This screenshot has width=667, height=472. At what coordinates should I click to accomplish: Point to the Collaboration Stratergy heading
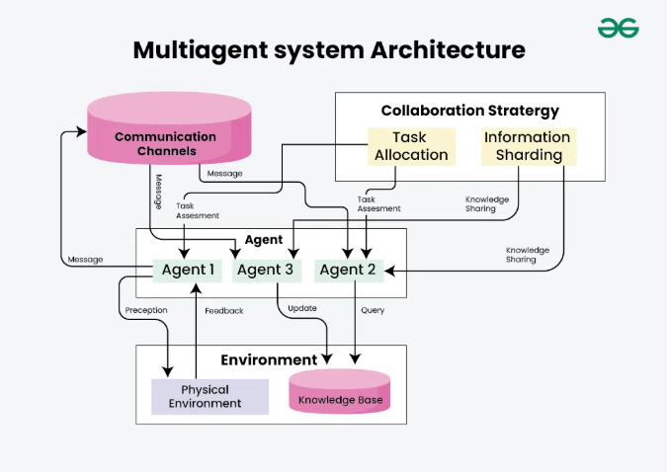(x=469, y=111)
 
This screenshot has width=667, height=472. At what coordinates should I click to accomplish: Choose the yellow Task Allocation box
(x=410, y=146)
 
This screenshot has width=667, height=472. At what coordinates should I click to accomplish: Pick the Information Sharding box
(x=528, y=146)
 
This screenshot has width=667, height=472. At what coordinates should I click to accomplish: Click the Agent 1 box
(x=184, y=270)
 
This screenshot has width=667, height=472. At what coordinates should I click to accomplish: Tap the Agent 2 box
(x=349, y=270)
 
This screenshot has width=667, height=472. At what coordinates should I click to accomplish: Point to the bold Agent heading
(x=263, y=240)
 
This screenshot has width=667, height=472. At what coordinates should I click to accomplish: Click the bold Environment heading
(x=269, y=360)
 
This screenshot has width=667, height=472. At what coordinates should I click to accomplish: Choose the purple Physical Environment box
(x=209, y=396)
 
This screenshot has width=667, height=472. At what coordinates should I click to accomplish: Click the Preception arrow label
(x=146, y=310)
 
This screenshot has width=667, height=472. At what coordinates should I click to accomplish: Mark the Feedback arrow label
(x=224, y=310)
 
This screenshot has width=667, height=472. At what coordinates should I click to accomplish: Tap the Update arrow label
(x=302, y=309)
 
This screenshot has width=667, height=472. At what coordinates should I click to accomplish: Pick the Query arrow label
(x=373, y=309)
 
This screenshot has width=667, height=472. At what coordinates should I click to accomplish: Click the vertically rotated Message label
(x=157, y=194)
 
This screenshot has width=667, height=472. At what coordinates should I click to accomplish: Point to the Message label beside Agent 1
(x=85, y=260)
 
